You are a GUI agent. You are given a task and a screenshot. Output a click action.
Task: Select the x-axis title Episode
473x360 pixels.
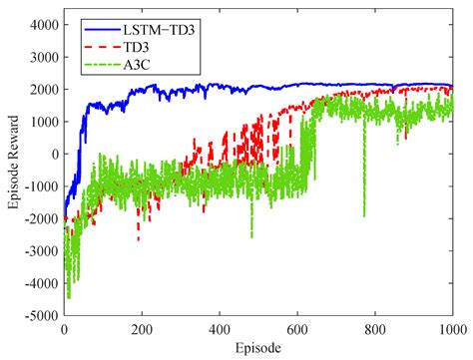pos(258,348)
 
